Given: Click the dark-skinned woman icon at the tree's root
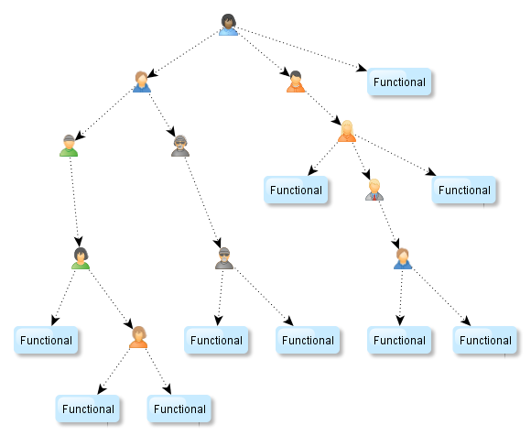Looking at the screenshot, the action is pos(228,25).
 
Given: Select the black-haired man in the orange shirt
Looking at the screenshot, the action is pos(296,82).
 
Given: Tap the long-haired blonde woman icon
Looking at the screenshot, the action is pos(347,131).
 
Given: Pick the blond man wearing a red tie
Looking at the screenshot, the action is pos(374,190).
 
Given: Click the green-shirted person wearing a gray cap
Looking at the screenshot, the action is pos(69,146).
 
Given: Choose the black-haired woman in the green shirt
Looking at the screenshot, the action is pos(81,258).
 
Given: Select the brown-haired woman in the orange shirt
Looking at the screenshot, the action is pos(138,337).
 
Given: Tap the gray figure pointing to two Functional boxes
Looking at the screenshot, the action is pos(224,258).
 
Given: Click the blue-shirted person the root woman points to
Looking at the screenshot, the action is pos(142,82).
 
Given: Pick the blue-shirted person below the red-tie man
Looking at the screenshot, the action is pos(403,258).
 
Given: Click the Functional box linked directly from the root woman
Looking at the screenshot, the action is pos(399,82).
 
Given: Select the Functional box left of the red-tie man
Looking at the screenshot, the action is pos(296,190).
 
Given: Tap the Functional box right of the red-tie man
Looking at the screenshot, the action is pos(464,190).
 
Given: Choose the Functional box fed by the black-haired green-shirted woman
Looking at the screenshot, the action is pos(46,340).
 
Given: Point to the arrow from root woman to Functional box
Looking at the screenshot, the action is pos(300,49).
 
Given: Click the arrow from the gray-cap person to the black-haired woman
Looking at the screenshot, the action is pos(74,202).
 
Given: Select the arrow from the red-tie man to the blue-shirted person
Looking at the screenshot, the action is pos(389,225).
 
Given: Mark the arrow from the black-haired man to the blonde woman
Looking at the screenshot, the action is pos(323,108).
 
